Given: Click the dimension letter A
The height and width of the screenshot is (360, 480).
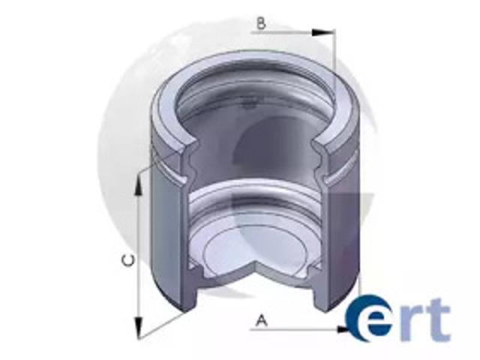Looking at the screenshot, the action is pos(261,320).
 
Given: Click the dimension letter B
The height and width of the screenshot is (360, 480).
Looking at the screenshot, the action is pos(261,23).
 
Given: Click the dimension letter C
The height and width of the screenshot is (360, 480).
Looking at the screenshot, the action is pos(128,260).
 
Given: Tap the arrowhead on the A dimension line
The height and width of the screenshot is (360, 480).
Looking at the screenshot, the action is pos(343,330).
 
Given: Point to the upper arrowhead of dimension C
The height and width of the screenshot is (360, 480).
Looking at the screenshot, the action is pos(139,187).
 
